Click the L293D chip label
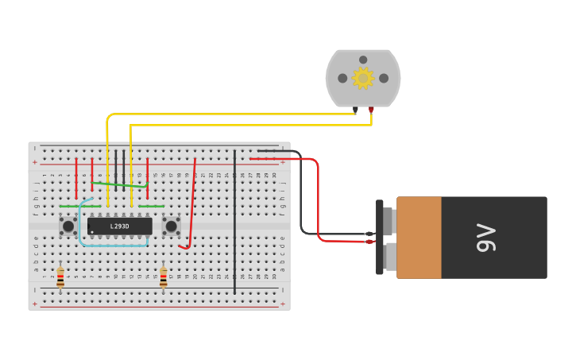(119, 226)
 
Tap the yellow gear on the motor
(363, 78)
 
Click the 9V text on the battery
(485, 238)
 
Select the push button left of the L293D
(68, 226)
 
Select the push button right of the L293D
(171, 226)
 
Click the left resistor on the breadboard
(60, 277)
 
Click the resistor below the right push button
(164, 277)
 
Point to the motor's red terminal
(371, 110)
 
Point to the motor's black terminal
(355, 110)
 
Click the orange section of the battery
(419, 238)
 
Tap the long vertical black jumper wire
(234, 223)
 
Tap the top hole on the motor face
(363, 60)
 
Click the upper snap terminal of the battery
(389, 221)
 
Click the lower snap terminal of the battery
(390, 256)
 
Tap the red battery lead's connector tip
(369, 242)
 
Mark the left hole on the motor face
(342, 78)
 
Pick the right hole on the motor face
(384, 78)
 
